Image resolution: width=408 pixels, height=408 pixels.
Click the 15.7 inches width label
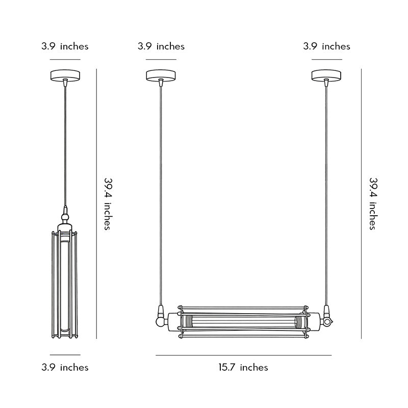[243, 367]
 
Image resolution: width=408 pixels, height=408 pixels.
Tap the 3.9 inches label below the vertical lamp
[65, 367]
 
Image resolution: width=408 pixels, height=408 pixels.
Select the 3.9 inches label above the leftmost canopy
[65, 46]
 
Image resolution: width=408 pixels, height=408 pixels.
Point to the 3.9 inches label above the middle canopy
[161, 46]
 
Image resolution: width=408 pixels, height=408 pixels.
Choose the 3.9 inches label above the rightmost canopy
[326, 46]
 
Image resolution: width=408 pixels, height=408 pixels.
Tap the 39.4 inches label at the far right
[373, 203]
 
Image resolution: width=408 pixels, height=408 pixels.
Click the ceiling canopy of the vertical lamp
[65, 75]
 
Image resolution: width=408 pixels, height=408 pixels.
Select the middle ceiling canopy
[161, 75]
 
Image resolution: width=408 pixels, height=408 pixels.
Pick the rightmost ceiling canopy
[326, 75]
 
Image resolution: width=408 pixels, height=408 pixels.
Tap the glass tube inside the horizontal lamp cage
[244, 322]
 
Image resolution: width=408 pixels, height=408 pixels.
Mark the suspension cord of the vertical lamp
[65, 143]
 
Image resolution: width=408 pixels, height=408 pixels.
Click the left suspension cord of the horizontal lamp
[161, 194]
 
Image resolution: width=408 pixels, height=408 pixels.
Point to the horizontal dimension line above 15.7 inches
[243, 355]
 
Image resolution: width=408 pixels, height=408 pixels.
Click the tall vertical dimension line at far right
[362, 204]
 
